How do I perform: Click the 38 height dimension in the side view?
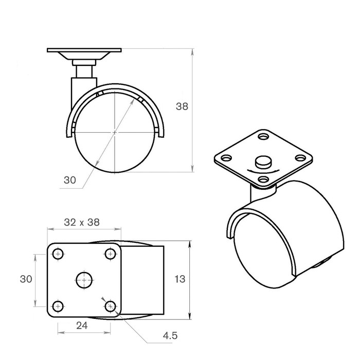(182, 106)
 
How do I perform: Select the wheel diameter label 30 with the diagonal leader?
(70, 180)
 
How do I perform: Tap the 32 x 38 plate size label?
(82, 222)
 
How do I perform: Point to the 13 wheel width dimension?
(180, 279)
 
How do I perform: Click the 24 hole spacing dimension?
(82, 326)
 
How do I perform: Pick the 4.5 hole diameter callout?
(170, 336)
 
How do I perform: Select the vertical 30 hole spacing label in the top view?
(26, 279)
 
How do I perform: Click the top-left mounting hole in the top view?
(58, 254)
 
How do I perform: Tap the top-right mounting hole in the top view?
(111, 254)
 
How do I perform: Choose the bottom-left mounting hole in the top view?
(58, 306)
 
